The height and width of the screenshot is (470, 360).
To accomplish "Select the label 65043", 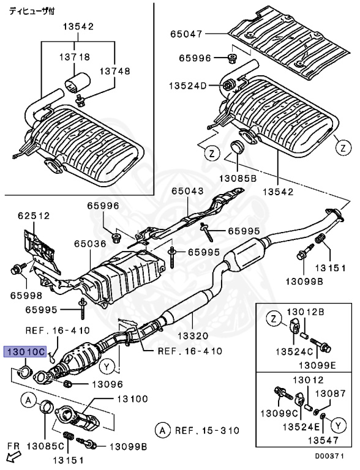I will pyautogui.click(x=186, y=192).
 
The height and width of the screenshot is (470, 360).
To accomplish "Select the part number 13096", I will pyautogui.click(x=108, y=384).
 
